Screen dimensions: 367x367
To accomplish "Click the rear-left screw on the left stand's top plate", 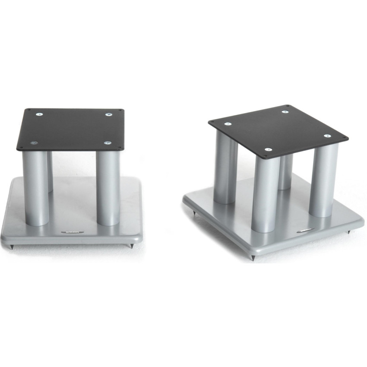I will tap(39, 114).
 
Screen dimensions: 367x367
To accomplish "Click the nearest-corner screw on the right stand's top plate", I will tap(268, 150).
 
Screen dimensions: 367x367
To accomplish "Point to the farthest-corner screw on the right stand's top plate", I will tap(285, 112).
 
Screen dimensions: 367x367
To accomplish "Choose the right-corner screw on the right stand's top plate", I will tap(327, 136).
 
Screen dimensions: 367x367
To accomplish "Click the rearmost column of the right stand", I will tap(285, 173).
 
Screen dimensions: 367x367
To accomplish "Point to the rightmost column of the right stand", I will tap(323, 181).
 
